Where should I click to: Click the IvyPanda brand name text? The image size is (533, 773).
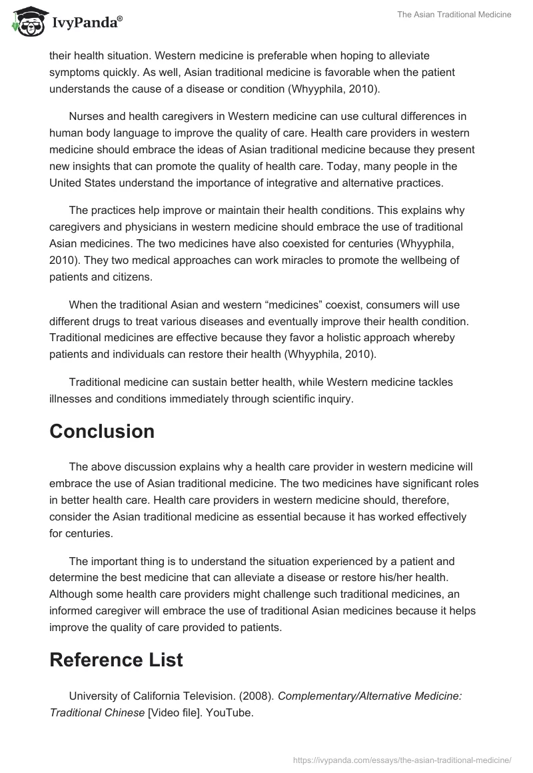tap(86, 23)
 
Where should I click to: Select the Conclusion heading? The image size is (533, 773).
tap(102, 431)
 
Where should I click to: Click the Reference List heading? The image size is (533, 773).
tap(116, 660)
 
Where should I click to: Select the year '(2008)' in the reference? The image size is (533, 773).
tap(256, 695)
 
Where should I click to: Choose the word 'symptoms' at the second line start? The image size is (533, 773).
tap(73, 71)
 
